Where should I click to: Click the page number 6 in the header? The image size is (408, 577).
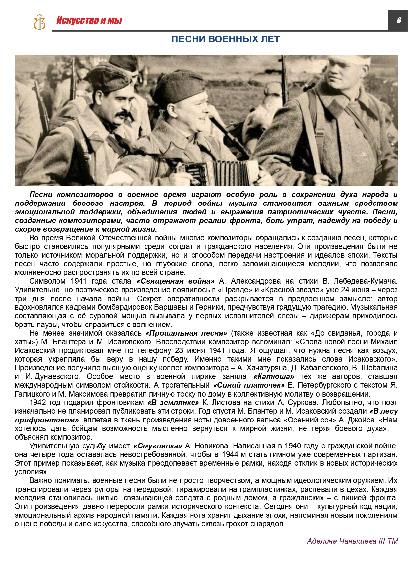point(399,20)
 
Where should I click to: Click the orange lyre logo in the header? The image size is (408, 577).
point(39,22)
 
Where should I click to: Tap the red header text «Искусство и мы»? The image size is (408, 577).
point(89,21)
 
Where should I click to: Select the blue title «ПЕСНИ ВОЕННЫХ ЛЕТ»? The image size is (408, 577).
point(225,39)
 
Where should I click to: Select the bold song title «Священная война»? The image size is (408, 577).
point(175,281)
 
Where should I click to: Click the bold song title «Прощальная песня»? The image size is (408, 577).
point(186,333)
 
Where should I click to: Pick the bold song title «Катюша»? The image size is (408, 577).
point(274,377)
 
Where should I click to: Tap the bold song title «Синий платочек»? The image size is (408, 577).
point(249,385)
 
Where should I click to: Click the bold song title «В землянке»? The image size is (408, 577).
point(173,403)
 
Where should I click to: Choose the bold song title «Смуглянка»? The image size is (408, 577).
point(158,446)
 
